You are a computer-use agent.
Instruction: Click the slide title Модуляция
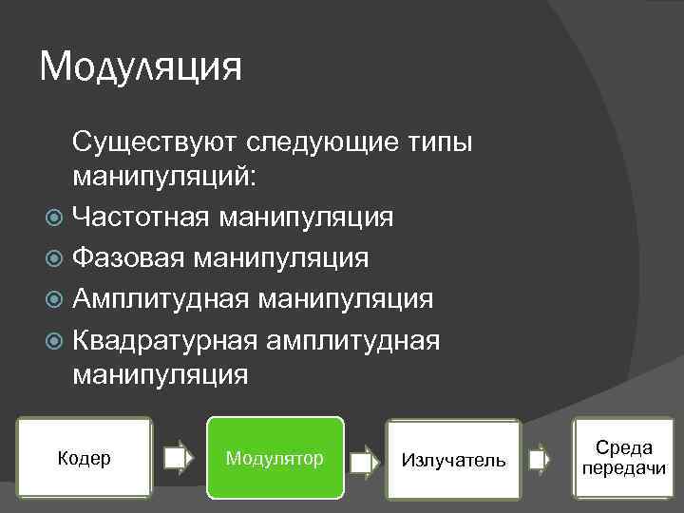tap(141, 67)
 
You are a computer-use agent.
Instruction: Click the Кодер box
tap(85, 458)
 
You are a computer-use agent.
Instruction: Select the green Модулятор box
tap(275, 458)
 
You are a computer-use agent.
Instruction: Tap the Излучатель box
tap(453, 460)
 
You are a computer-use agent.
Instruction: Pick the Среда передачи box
tap(623, 457)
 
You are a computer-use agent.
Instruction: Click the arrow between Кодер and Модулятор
tap(178, 460)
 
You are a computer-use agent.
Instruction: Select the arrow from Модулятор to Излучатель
tap(364, 461)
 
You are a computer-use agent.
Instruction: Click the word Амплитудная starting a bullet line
tap(161, 298)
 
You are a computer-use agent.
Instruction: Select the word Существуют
tap(155, 142)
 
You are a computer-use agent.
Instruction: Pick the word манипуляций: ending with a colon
tap(159, 177)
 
